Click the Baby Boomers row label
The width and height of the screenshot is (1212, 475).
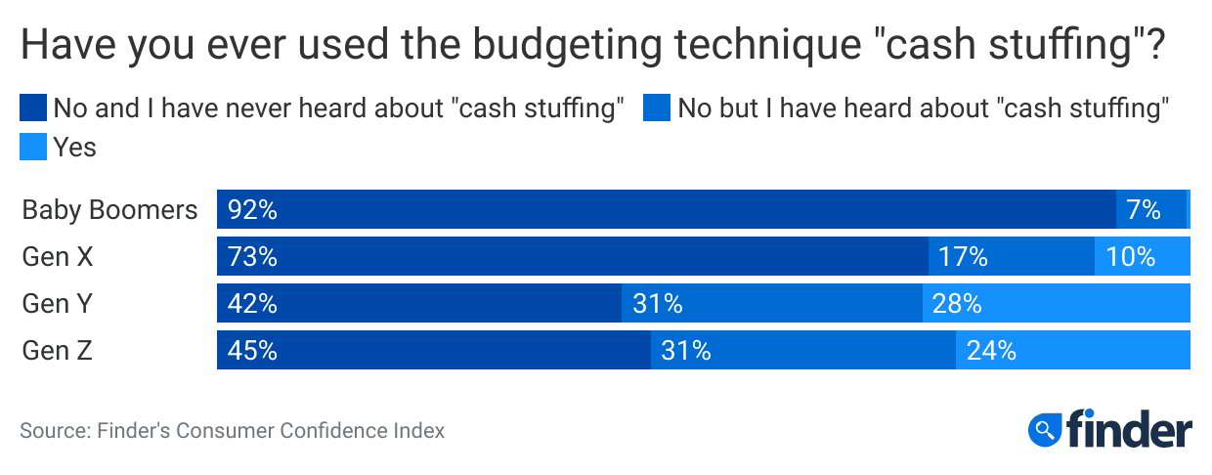tap(109, 210)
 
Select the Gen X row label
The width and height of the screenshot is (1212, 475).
tap(60, 257)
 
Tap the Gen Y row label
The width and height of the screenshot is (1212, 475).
tap(59, 304)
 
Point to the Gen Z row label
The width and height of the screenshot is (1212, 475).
tap(58, 351)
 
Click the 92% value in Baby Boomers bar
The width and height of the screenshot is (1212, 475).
tap(252, 210)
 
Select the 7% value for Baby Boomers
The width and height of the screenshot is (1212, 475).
tap(1143, 210)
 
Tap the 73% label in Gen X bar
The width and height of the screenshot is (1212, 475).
tap(252, 257)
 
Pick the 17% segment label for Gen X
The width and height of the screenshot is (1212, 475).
tap(963, 257)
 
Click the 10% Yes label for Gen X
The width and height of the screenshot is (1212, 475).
tap(1130, 257)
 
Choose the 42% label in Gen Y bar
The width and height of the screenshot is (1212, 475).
tap(252, 304)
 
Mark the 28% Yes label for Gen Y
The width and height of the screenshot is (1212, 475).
tap(957, 304)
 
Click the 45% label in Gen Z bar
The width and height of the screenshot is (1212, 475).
tap(252, 351)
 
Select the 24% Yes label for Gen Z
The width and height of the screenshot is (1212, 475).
tap(991, 351)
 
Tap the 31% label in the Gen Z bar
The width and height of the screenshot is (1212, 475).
tap(686, 351)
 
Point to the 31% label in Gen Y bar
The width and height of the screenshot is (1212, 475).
tap(657, 304)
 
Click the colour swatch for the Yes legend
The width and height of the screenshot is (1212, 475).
tap(33, 149)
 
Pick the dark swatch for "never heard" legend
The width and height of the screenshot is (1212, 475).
tap(33, 108)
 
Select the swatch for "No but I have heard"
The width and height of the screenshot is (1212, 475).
tap(657, 108)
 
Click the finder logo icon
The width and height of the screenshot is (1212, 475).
tap(1046, 428)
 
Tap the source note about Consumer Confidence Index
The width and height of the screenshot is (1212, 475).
tap(232, 430)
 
